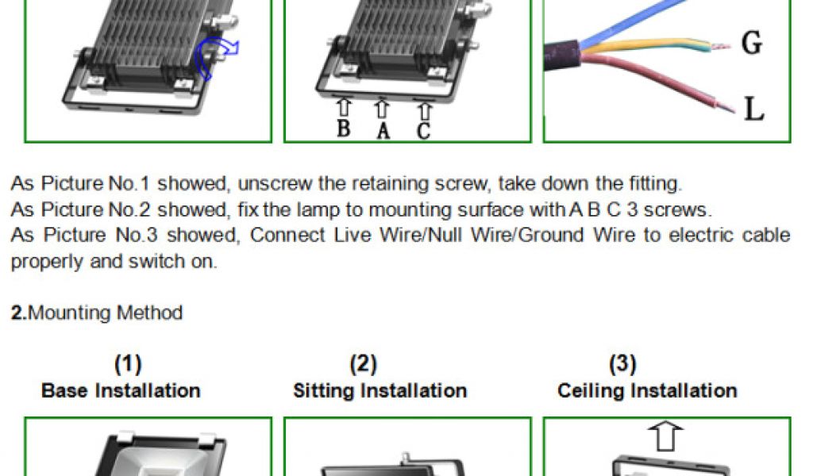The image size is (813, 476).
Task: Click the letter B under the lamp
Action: coord(343,127)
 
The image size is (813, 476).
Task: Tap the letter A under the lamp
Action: coord(383,130)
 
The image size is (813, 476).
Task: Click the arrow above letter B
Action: coord(344,106)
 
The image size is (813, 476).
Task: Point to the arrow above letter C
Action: coord(424,109)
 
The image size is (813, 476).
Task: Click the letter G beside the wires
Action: coord(750,44)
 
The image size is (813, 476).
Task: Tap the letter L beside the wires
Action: coord(753,109)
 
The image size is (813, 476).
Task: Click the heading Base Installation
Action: coord(121,390)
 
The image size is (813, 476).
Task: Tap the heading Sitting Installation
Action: coord(380,390)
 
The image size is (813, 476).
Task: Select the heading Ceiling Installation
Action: coord(647,390)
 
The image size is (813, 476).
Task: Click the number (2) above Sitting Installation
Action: coord(363,364)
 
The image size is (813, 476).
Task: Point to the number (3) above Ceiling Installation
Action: coord(622,364)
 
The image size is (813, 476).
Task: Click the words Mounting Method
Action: coord(105,313)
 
